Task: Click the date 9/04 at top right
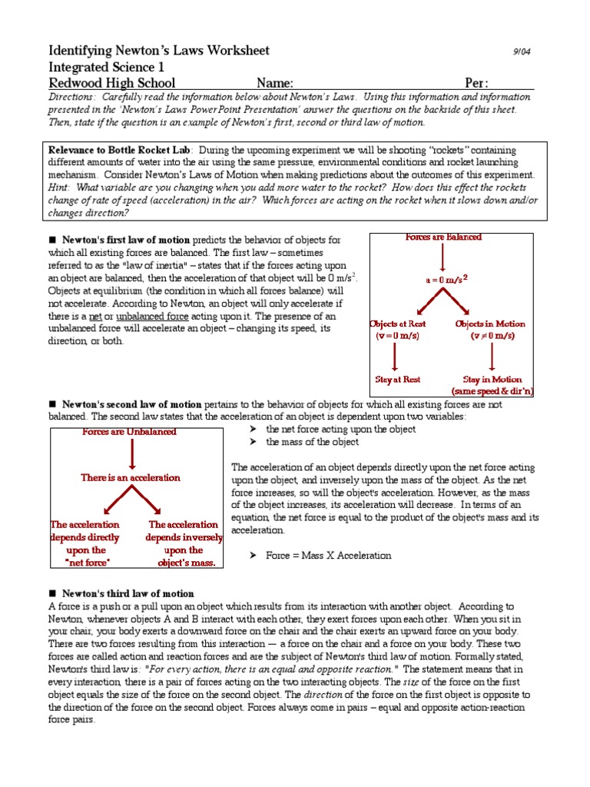click(x=522, y=51)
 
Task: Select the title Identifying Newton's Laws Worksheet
click(x=159, y=51)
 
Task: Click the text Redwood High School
click(x=112, y=83)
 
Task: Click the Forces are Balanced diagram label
click(x=443, y=237)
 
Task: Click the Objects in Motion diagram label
click(x=490, y=324)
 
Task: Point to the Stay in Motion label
click(x=492, y=380)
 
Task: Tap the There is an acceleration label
click(x=131, y=477)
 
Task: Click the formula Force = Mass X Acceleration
click(x=328, y=555)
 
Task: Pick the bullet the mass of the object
click(x=312, y=442)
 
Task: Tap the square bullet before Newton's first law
click(x=53, y=240)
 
